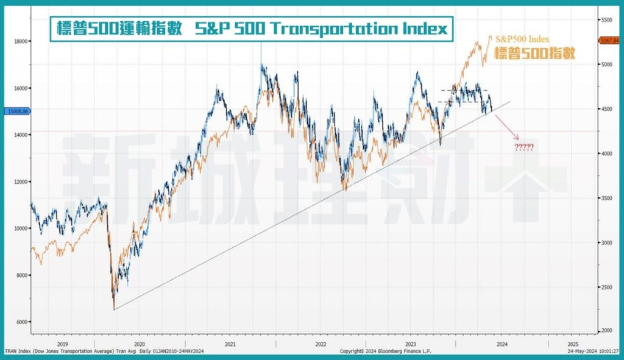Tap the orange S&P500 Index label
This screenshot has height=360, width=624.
tap(523, 40)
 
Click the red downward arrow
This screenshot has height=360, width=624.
tap(508, 129)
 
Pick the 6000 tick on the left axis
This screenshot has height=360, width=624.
tap(21, 322)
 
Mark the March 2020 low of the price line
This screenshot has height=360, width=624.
tap(114, 309)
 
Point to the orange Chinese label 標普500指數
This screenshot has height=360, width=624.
tap(534, 53)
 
